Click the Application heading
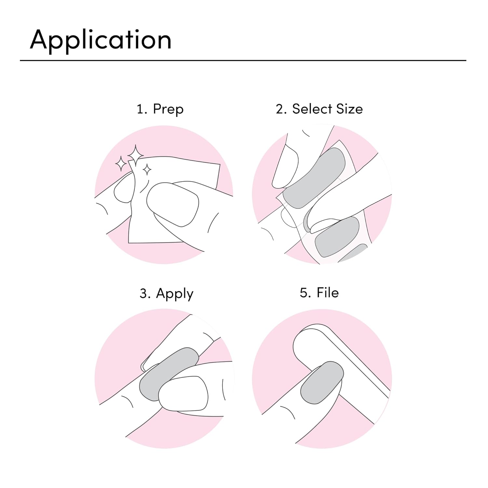click(x=101, y=40)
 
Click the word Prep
click(x=168, y=110)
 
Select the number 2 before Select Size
click(x=281, y=109)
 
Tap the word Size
click(x=349, y=109)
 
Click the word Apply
click(x=175, y=294)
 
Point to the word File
click(x=328, y=292)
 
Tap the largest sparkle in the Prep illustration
click(x=135, y=155)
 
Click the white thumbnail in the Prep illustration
click(x=172, y=204)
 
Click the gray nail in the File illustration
click(x=322, y=383)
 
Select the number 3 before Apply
click(x=145, y=294)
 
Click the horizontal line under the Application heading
click(x=243, y=61)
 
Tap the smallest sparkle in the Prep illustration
click(x=147, y=169)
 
